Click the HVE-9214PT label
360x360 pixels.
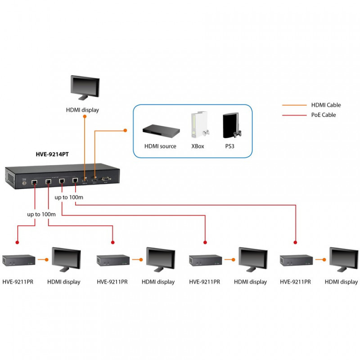(x=52, y=154)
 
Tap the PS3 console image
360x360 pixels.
(x=232, y=126)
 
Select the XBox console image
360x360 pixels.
(x=200, y=125)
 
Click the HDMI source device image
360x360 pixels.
(x=161, y=131)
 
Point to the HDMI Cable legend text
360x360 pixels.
(x=326, y=105)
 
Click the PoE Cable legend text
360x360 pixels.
(x=323, y=115)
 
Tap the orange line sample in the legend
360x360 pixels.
(x=294, y=105)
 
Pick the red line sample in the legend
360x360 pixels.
(x=294, y=115)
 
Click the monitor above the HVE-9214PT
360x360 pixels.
(x=85, y=87)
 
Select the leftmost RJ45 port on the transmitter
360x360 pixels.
(x=35, y=183)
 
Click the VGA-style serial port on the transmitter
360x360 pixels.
(x=106, y=179)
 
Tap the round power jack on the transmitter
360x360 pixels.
(x=24, y=183)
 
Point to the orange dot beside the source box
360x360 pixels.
(x=125, y=130)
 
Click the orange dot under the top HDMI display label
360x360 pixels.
(x=85, y=117)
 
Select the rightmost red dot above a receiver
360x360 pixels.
(x=296, y=242)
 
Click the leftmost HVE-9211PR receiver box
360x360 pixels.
(x=18, y=260)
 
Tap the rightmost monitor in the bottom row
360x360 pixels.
(x=344, y=260)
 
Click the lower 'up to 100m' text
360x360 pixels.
(x=41, y=214)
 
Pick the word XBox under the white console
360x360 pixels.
(x=198, y=146)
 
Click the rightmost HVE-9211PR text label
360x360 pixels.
(x=295, y=282)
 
